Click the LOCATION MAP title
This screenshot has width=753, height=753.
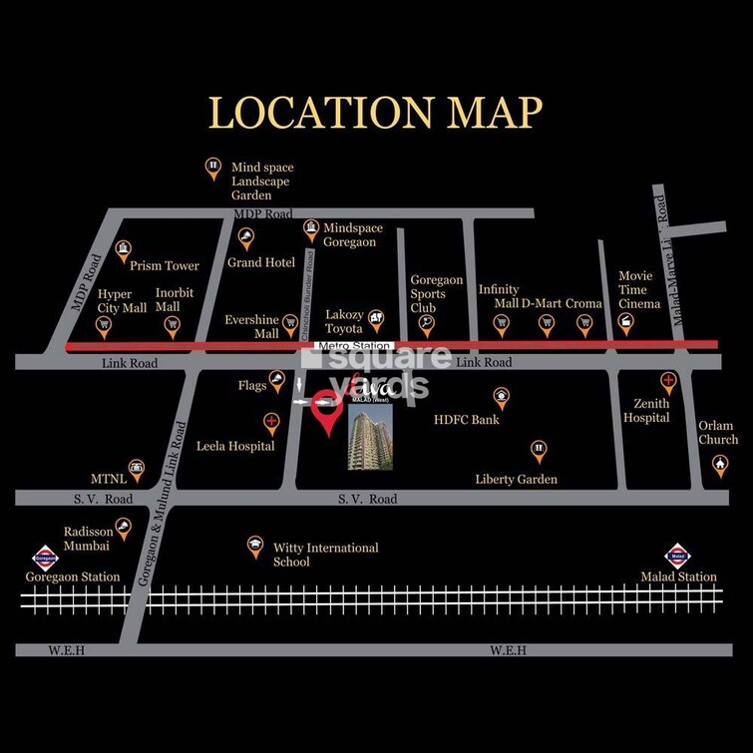376,113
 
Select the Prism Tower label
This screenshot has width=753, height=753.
165,266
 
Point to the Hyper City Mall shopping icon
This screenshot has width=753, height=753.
104,323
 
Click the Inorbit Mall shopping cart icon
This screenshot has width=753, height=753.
172,323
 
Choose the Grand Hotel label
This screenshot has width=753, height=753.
261,262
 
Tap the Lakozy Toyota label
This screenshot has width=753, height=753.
345,320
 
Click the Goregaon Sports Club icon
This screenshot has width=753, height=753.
427,322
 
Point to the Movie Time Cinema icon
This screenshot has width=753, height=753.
625,321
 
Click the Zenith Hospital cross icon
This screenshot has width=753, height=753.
668,380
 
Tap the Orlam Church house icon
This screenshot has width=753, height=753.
719,463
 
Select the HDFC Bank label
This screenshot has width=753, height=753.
466,420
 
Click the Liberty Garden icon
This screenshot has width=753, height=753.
539,449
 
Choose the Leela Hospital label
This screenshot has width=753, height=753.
235,446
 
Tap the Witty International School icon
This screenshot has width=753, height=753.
255,545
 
